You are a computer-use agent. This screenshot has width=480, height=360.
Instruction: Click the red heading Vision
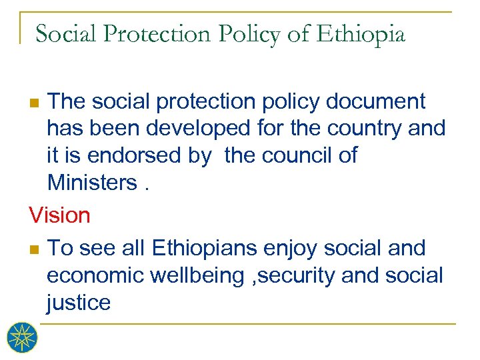tap(59, 215)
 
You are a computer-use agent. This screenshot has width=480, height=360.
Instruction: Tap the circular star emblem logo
tap(22, 337)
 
